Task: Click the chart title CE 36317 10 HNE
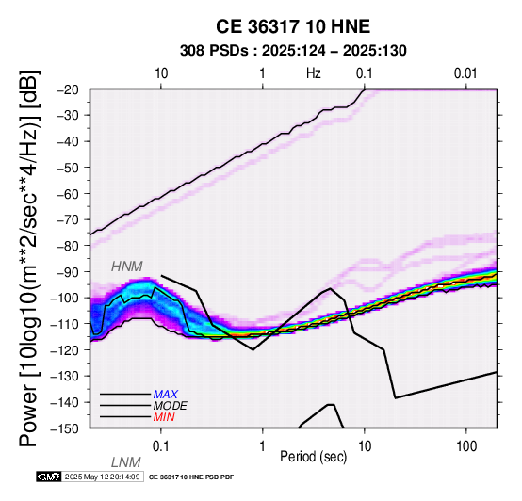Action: [x=293, y=26]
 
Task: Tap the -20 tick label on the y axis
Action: [x=69, y=89]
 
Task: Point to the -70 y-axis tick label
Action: [x=69, y=220]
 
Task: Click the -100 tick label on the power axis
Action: [x=66, y=298]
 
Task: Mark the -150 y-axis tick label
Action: [x=66, y=428]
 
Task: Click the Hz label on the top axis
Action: [x=314, y=73]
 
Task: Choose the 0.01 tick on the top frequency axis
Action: [x=465, y=73]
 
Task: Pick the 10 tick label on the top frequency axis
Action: [x=161, y=73]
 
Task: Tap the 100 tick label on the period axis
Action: [x=466, y=446]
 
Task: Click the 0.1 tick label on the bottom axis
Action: [x=161, y=446]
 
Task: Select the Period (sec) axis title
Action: [x=313, y=457]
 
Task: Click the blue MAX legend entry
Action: [x=166, y=395]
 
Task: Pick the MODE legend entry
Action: [x=171, y=406]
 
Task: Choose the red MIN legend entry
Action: [x=164, y=417]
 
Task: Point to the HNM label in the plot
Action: [x=127, y=267]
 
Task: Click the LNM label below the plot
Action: [x=126, y=462]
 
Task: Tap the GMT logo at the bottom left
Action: [x=49, y=477]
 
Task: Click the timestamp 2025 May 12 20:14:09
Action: [x=102, y=477]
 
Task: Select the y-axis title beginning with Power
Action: [x=28, y=258]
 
